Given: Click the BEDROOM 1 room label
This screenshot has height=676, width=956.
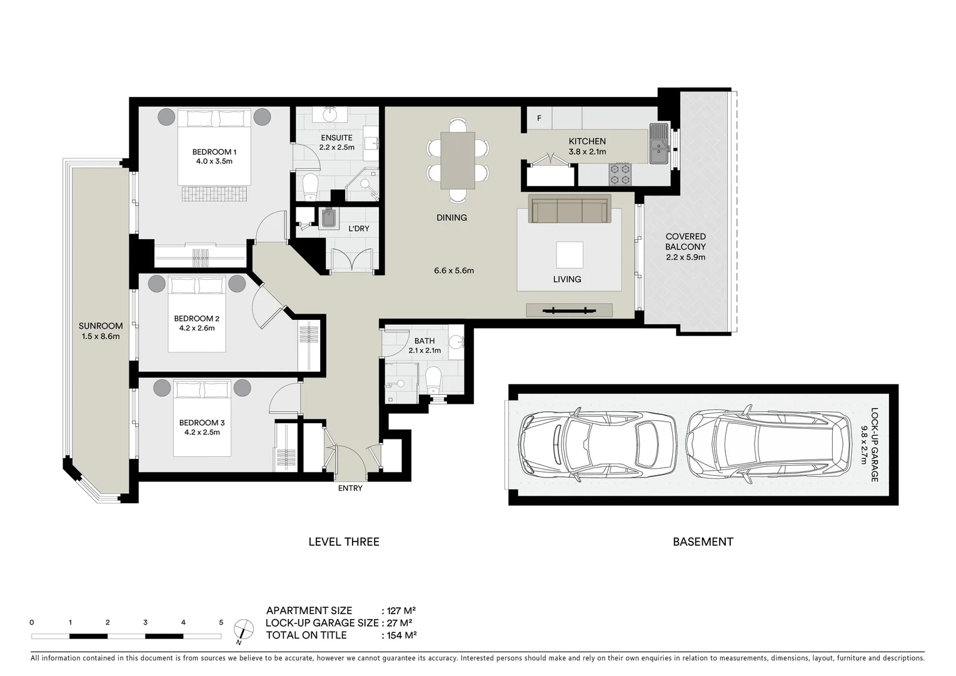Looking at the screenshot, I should point(214,152).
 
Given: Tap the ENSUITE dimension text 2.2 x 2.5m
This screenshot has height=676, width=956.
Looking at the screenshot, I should point(336,148).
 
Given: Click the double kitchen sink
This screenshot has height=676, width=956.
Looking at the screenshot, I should point(658,143).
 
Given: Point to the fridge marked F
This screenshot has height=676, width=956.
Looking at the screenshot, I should point(539,118).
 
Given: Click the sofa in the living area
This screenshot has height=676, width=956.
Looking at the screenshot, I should point(568,209).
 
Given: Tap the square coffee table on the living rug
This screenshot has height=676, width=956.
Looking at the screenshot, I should point(569,255).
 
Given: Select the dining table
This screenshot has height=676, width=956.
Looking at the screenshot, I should point(458,160).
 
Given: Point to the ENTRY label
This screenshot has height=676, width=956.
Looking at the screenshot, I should point(350,488).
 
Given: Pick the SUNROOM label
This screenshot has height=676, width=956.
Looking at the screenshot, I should point(100,326).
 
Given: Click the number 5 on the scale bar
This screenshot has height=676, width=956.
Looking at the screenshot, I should point(221,623).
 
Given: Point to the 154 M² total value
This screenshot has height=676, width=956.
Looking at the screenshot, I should point(400,635).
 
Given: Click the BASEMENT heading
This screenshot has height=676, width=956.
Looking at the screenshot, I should point(703,542).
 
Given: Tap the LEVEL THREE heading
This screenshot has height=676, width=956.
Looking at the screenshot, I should point(344,542).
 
